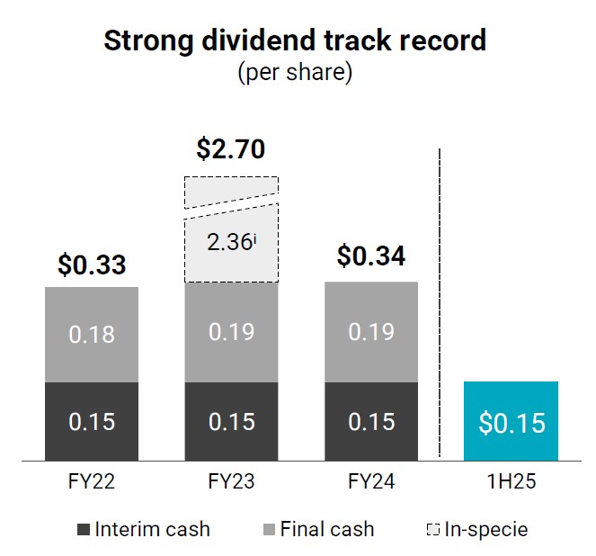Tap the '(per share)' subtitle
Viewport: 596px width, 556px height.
coord(295,72)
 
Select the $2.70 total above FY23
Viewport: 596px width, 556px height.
coord(230,148)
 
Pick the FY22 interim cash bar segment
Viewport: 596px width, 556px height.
coord(92,421)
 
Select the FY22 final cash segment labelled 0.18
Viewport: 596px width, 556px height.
coord(92,335)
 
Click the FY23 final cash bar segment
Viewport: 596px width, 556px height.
coord(231,331)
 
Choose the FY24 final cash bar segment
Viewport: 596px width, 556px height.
coord(370,331)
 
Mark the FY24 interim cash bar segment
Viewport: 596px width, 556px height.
coord(370,421)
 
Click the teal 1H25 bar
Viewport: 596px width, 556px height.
coord(511,421)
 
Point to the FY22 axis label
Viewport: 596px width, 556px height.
coord(92,481)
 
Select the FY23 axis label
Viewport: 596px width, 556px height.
coord(231,481)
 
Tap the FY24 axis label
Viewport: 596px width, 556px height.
coord(370,481)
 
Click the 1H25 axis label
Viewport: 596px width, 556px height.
coord(511,481)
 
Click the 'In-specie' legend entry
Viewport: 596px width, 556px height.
coord(476,529)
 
